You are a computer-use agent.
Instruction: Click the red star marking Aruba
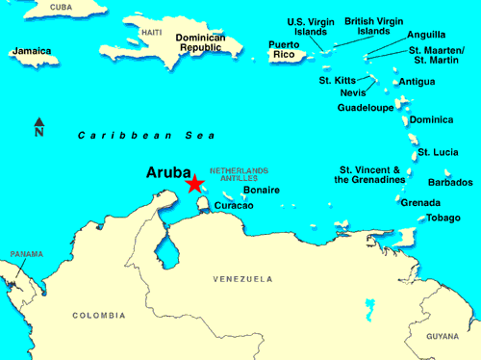[194, 183]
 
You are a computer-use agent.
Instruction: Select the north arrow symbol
[38, 123]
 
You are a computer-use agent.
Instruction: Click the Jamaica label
[33, 51]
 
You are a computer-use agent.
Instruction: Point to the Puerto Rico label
[284, 49]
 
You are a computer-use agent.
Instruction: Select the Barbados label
[449, 182]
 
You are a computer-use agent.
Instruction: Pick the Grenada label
[419, 202]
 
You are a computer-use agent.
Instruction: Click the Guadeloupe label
[365, 108]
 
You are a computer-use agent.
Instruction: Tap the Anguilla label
[426, 35]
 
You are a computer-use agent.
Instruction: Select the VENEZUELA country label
[242, 279]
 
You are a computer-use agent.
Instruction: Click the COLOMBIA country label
[98, 315]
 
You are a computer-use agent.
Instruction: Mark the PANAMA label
[26, 254]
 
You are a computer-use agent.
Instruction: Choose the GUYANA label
[443, 337]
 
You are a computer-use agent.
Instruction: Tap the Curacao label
[234, 205]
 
